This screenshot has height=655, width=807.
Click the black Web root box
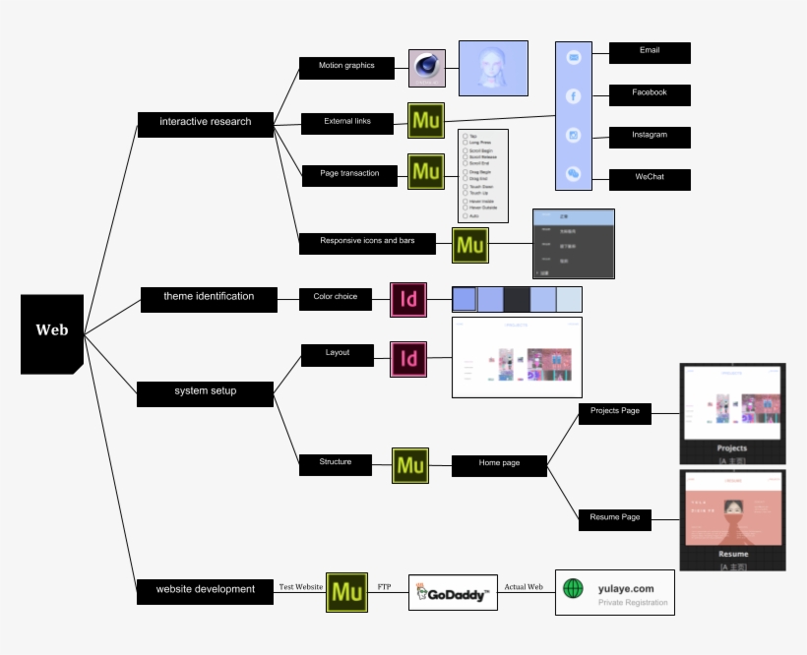pyautogui.click(x=52, y=332)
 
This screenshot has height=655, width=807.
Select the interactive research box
pyautogui.click(x=205, y=123)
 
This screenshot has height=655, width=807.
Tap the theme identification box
pyautogui.click(x=208, y=298)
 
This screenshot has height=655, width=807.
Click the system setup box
pyautogui.click(x=205, y=392)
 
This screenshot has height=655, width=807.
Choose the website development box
pyautogui.click(x=205, y=590)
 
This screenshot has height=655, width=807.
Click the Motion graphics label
pyautogui.click(x=346, y=67)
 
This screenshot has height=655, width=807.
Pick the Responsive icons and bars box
pyautogui.click(x=367, y=242)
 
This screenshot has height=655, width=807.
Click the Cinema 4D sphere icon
pyautogui.click(x=427, y=68)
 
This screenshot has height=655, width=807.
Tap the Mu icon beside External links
pyautogui.click(x=426, y=121)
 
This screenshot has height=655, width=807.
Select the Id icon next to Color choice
pyautogui.click(x=408, y=299)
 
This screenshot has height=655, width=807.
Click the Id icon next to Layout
pyautogui.click(x=408, y=359)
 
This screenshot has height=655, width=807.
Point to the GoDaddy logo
pyautogui.click(x=453, y=592)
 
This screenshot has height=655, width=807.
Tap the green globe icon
pyautogui.click(x=573, y=588)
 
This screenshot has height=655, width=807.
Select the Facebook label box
pyautogui.click(x=650, y=94)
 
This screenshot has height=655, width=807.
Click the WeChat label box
pyautogui.click(x=650, y=179)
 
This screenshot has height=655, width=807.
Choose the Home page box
pyautogui.click(x=499, y=464)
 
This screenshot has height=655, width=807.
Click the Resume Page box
pyautogui.click(x=614, y=518)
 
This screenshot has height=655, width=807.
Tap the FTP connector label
pyautogui.click(x=385, y=586)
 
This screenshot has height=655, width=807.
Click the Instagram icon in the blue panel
pyautogui.click(x=574, y=135)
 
